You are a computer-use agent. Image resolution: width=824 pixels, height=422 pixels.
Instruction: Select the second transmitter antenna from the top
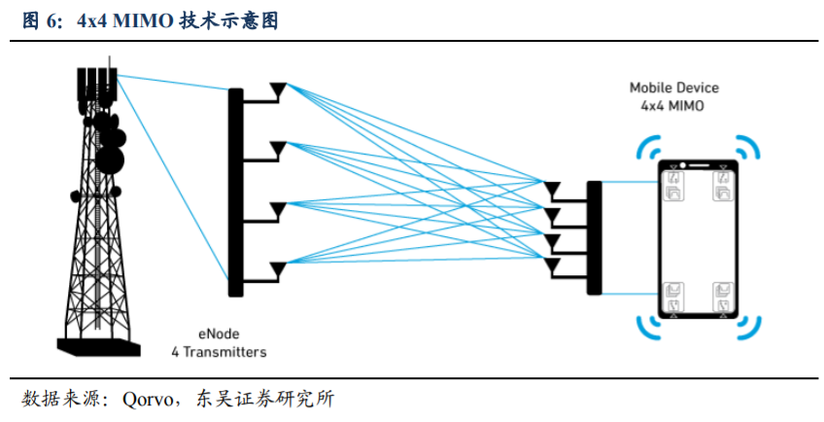point(279,148)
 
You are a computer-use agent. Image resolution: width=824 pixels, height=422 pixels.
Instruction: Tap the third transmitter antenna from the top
point(279,207)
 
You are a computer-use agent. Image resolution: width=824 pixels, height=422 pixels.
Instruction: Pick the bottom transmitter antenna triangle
point(279,265)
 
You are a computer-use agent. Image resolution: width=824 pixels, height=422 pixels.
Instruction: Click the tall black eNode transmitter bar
point(234,191)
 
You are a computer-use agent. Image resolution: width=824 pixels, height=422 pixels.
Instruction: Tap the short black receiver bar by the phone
point(594,227)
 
